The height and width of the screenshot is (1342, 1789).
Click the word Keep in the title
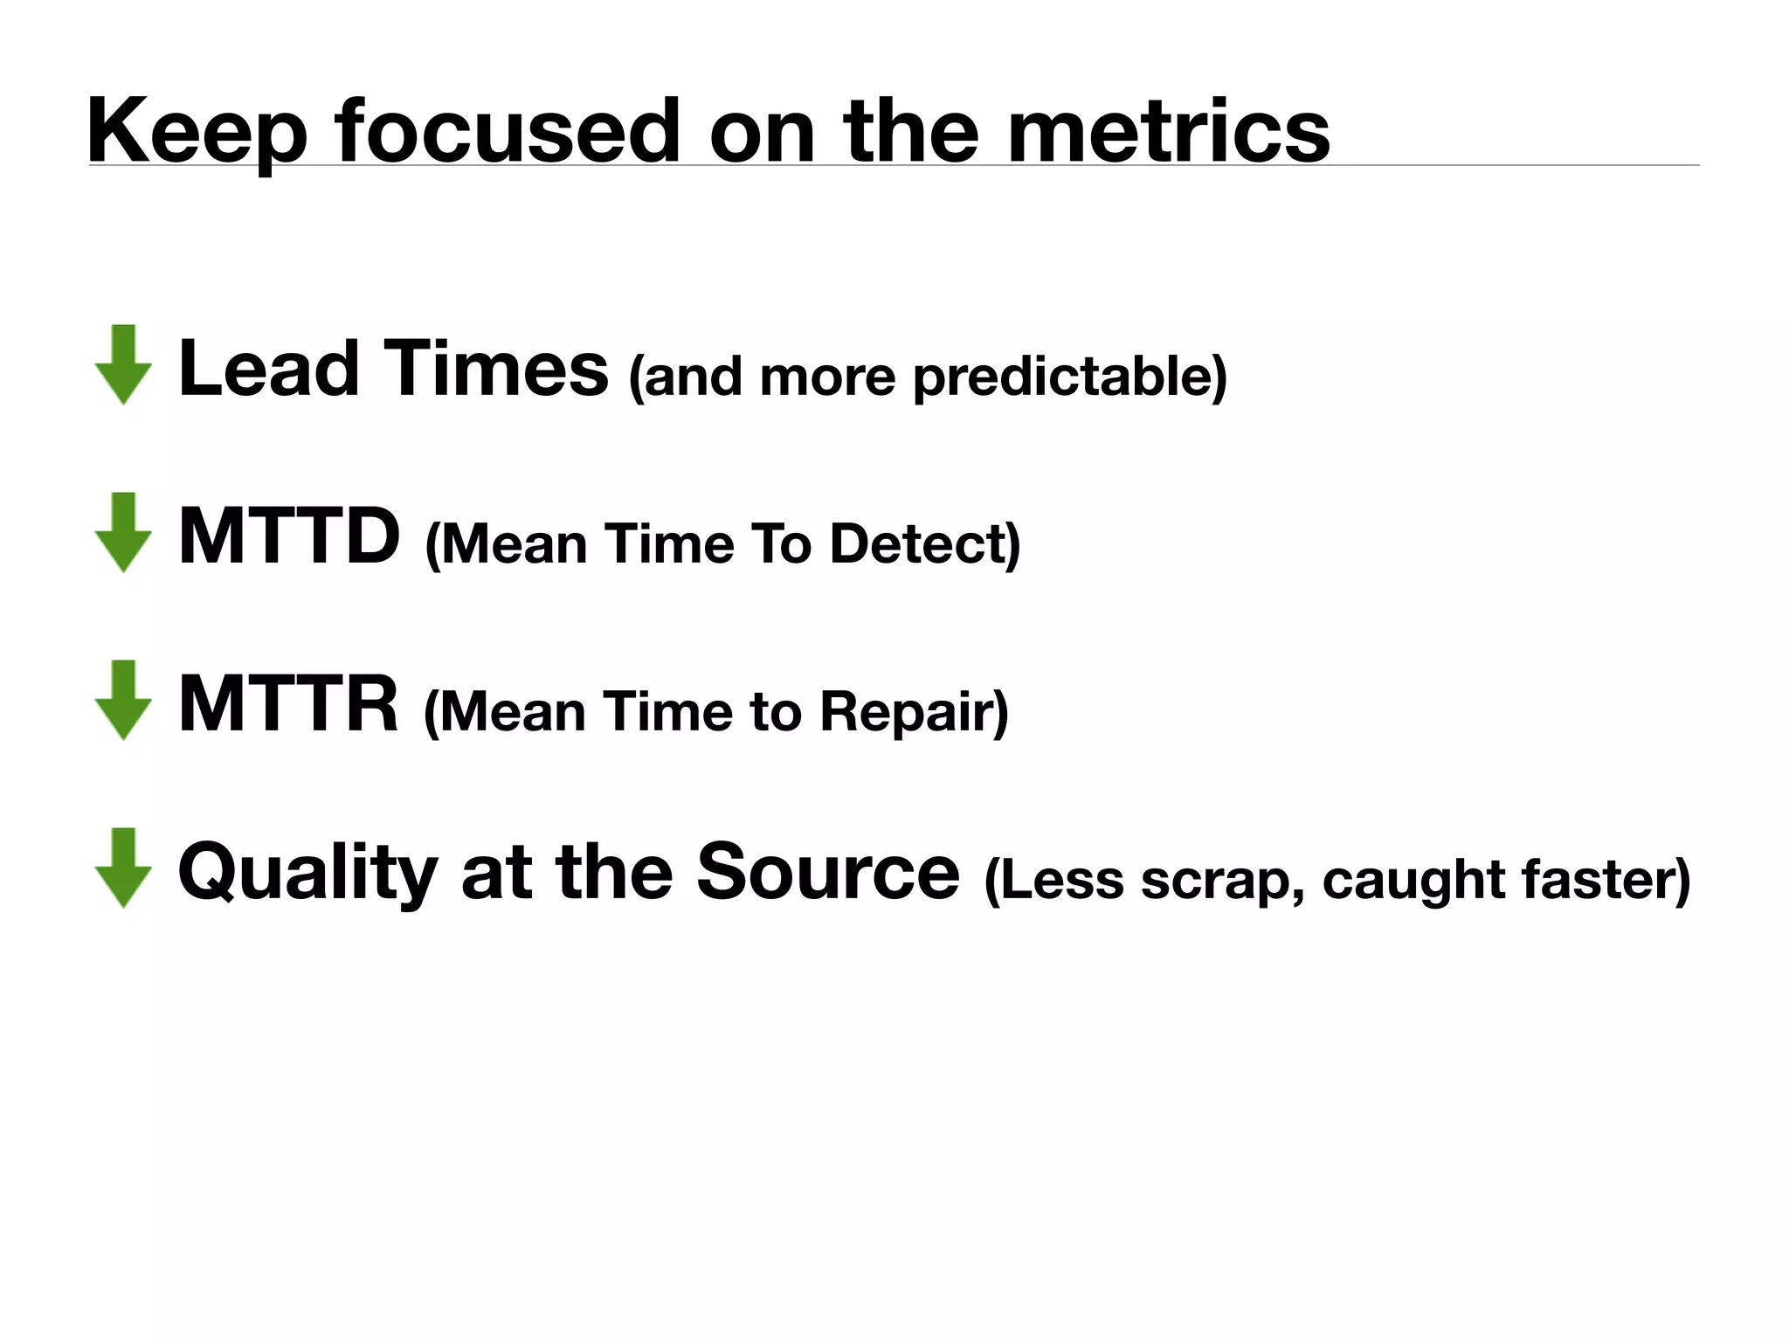click(x=197, y=131)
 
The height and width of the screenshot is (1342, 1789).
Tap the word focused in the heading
click(x=506, y=131)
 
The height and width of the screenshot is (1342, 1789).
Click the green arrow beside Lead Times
click(x=124, y=364)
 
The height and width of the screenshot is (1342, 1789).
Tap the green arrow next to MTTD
click(x=124, y=532)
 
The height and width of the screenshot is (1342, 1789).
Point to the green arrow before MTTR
click(x=124, y=700)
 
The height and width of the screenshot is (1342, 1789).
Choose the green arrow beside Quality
click(x=124, y=868)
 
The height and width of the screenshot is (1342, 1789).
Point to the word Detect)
click(x=924, y=543)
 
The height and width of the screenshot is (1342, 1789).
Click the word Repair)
click(x=914, y=711)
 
